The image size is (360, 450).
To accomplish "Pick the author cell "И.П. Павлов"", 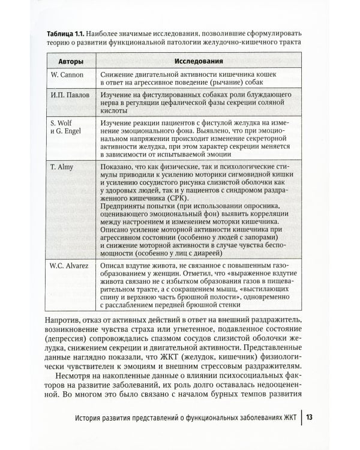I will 67,95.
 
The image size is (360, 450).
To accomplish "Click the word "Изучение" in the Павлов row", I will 116,95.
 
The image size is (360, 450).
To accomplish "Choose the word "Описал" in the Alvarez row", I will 113,264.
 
